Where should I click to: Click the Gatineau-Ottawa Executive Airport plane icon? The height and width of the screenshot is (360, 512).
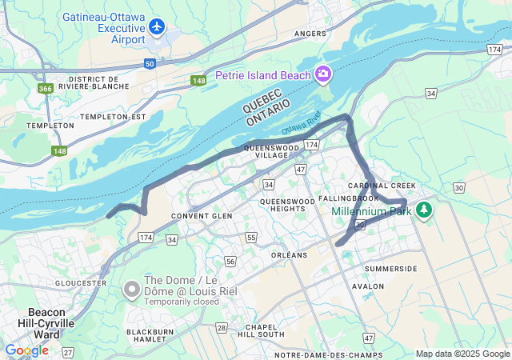157,27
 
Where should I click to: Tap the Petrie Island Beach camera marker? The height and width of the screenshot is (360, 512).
324,74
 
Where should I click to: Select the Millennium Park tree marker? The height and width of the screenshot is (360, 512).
423,211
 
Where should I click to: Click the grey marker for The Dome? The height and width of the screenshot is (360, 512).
132,286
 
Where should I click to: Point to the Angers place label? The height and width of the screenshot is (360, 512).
310,34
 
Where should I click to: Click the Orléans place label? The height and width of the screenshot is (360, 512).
289,255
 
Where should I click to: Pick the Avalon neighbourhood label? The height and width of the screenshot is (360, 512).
368,286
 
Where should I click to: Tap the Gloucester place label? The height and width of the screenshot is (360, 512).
81,283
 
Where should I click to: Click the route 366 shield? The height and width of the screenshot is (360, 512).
46,88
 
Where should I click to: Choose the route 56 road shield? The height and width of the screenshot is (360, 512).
230,262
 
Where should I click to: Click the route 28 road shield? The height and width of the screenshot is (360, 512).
222,328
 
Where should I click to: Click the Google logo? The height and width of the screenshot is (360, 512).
26,350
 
